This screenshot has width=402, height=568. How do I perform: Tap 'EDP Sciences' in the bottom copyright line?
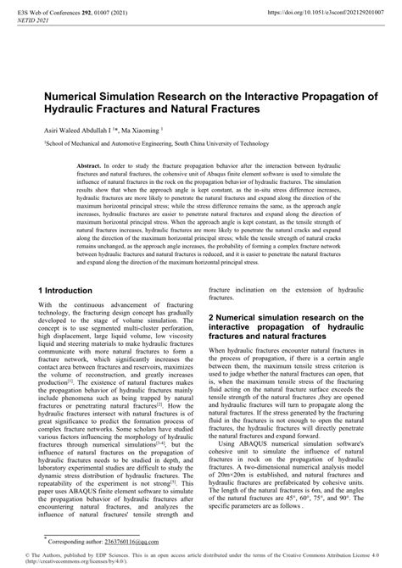108,554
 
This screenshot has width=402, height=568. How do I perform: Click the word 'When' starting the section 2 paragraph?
219,352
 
